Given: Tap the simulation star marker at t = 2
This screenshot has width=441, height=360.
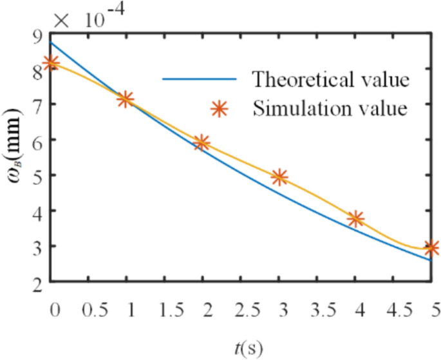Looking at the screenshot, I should pos(202,142).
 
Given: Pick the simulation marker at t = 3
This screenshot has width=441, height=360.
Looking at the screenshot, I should pos(279,176).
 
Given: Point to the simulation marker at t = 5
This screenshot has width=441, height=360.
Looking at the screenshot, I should pos(431,248).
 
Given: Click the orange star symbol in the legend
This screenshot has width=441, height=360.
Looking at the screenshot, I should pos(220,108).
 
